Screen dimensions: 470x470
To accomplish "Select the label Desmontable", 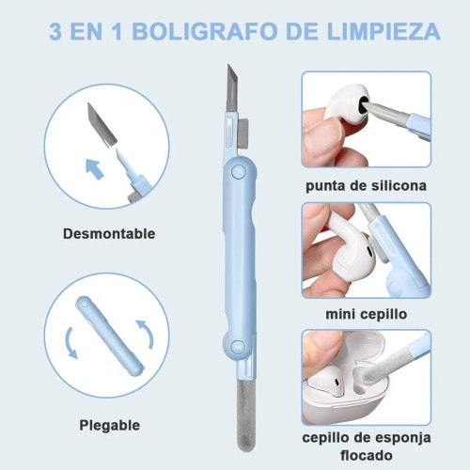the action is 109,234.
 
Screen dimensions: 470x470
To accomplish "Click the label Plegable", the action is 109,426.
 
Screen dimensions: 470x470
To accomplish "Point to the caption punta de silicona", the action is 366,186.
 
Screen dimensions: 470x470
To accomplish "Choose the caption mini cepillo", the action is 367,314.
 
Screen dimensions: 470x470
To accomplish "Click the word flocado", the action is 367,455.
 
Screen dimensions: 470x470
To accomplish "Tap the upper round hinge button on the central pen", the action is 239,172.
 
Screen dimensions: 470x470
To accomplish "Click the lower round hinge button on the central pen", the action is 238,347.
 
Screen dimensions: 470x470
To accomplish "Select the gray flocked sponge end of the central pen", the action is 246,415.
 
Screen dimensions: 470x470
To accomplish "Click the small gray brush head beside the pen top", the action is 243,133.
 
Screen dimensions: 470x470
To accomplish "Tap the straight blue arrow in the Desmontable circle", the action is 95,168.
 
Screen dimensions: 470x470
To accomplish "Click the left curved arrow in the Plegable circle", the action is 70,343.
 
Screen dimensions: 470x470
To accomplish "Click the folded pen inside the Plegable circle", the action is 110,336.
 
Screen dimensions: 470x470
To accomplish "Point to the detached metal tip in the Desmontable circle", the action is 102,124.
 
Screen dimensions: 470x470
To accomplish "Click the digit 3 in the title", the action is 55,31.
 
